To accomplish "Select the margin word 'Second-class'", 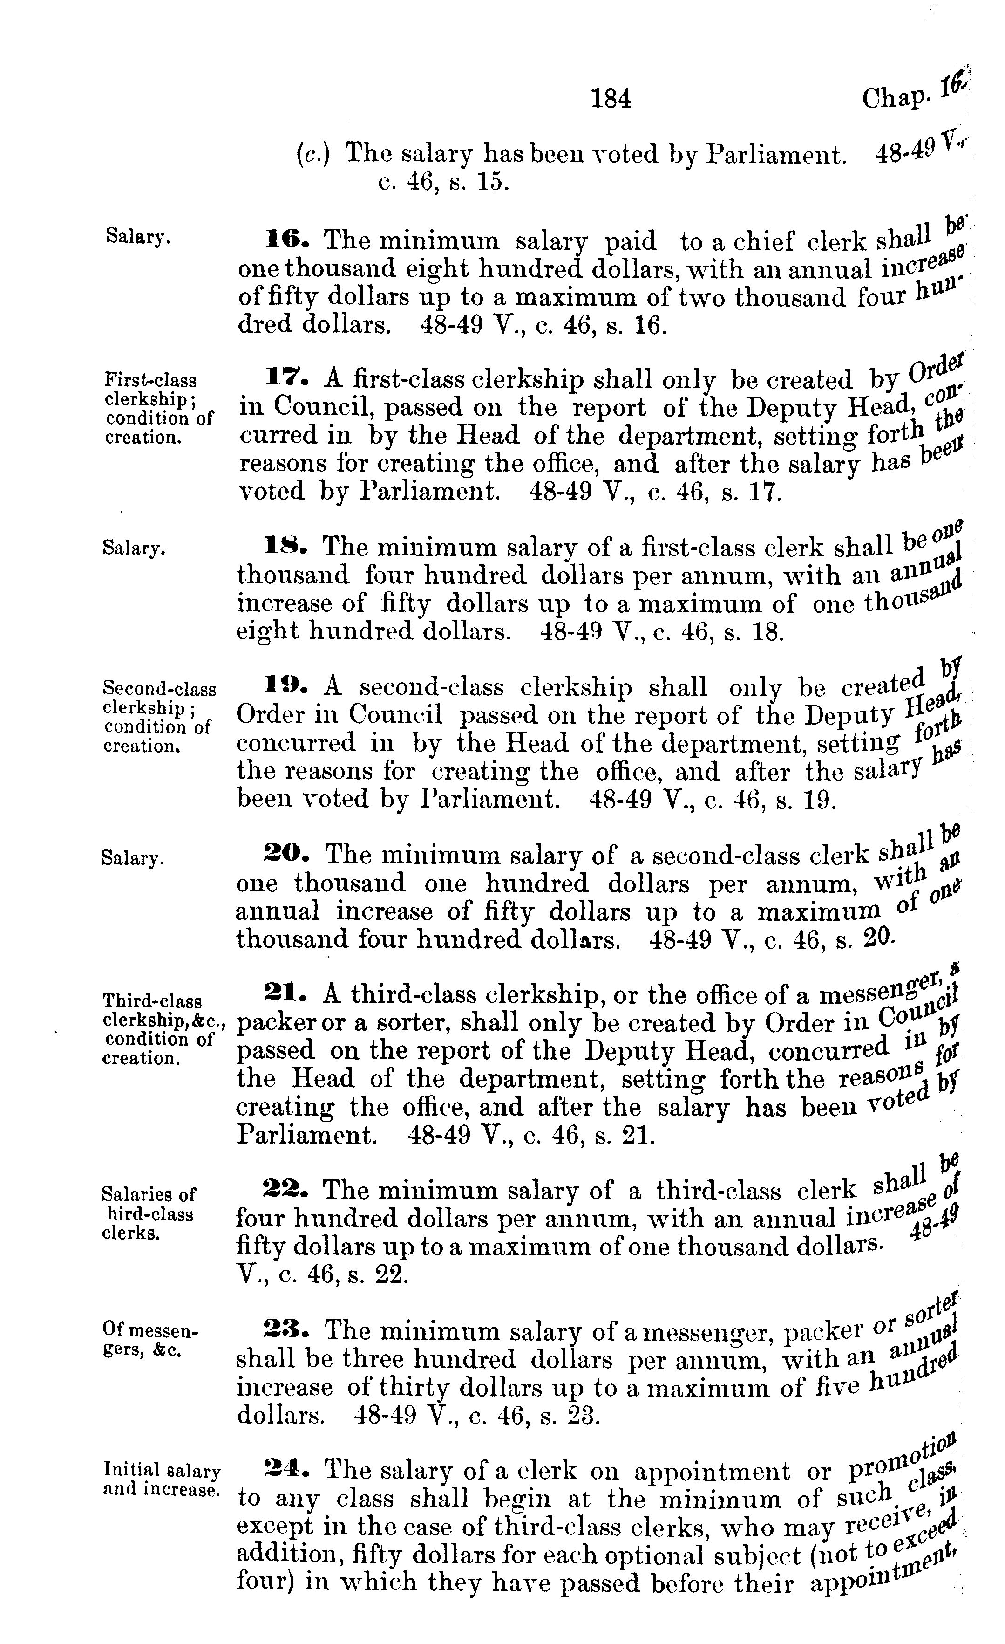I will (x=159, y=688).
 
